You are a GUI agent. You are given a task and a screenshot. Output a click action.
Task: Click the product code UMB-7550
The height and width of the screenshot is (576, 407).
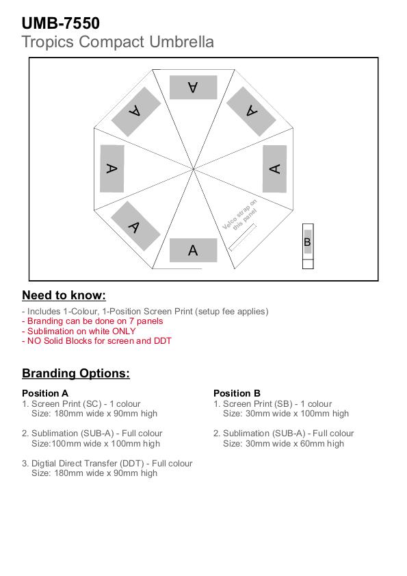(x=61, y=23)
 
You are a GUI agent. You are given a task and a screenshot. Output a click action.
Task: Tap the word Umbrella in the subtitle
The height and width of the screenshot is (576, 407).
(x=181, y=42)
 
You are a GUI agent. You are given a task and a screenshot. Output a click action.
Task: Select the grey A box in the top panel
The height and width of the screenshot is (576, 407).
(x=193, y=88)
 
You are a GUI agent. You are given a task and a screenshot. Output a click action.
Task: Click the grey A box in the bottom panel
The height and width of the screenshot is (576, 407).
(x=193, y=250)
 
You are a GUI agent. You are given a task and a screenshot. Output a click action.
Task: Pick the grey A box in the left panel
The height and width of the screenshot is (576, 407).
(x=112, y=168)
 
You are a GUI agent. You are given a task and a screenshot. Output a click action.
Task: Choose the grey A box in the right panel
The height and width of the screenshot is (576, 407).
(x=274, y=168)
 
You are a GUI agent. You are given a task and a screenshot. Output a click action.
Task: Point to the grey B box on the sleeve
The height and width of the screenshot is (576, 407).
(x=308, y=242)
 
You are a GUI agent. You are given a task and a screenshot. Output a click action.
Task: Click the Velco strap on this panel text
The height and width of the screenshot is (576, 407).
(x=240, y=215)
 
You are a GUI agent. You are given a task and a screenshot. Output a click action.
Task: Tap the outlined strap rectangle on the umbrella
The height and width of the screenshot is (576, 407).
(x=242, y=237)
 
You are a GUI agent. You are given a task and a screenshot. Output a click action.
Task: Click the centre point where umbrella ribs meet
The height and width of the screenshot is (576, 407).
(x=194, y=169)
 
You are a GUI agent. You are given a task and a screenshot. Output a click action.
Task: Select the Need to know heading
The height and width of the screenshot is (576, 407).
(x=64, y=295)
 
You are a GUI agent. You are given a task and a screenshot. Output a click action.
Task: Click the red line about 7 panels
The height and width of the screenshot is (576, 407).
(x=92, y=321)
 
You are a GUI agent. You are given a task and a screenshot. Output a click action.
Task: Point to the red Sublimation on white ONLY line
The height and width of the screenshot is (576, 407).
(x=79, y=331)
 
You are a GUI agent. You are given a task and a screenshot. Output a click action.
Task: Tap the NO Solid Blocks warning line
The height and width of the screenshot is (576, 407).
(x=96, y=341)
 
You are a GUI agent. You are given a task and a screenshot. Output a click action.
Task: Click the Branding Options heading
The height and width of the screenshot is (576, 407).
(x=76, y=373)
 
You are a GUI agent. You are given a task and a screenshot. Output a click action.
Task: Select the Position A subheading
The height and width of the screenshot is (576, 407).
(x=45, y=393)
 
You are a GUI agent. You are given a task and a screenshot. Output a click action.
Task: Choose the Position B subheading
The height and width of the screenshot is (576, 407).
(x=237, y=393)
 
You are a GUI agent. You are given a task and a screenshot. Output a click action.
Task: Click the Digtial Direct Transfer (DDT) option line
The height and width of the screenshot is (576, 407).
(x=107, y=464)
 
